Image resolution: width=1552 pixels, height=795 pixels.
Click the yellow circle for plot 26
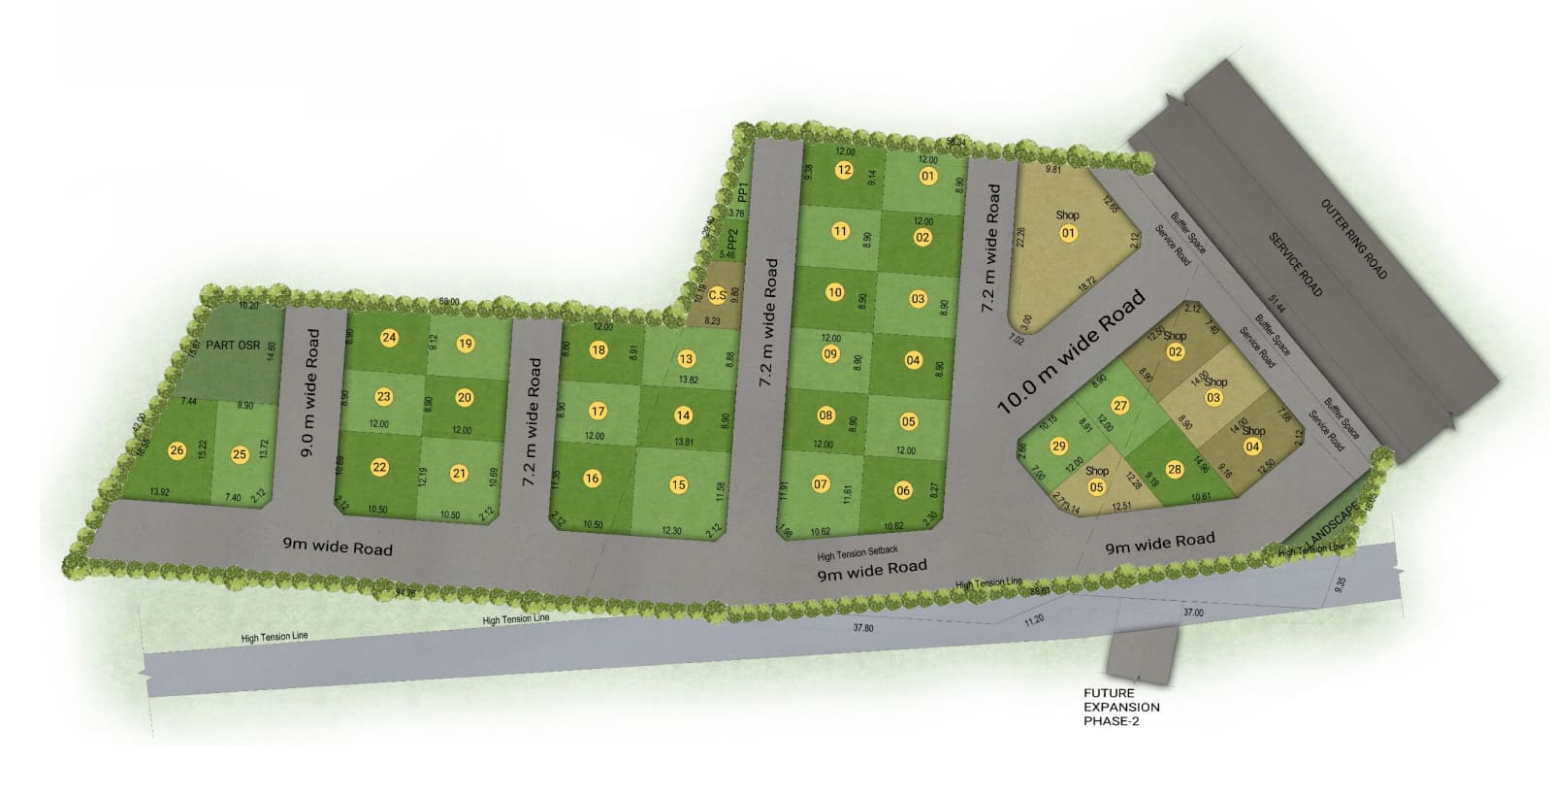[177, 450]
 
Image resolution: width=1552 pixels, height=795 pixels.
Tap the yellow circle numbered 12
[844, 170]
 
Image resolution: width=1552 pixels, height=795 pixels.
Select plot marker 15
[678, 484]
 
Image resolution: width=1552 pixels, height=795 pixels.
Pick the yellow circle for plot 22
[379, 467]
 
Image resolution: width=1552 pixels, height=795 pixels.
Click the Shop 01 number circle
[1068, 232]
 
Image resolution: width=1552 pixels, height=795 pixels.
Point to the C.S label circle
[718, 294]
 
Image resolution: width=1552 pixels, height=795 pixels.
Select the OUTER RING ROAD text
[1354, 238]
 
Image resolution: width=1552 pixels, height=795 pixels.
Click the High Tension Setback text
[857, 552]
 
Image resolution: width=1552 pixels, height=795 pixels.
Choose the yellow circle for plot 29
[1058, 446]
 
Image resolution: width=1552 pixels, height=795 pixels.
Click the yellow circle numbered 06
[903, 490]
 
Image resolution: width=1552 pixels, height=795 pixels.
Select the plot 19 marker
[465, 343]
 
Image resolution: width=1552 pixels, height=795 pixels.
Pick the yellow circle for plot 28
[1175, 470]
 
